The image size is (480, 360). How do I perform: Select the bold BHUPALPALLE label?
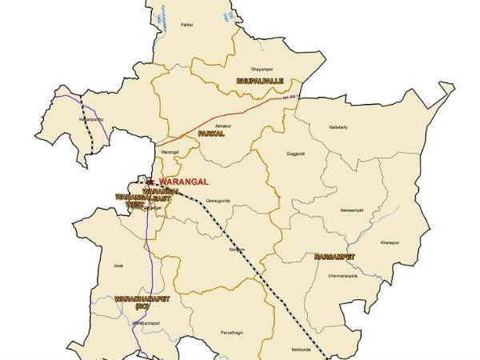[260, 81]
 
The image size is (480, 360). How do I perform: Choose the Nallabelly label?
[340, 126]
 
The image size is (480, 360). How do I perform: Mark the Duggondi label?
[298, 153]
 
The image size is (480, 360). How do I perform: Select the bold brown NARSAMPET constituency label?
[334, 257]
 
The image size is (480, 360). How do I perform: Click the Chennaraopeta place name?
[340, 274]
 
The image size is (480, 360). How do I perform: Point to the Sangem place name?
[236, 250]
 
